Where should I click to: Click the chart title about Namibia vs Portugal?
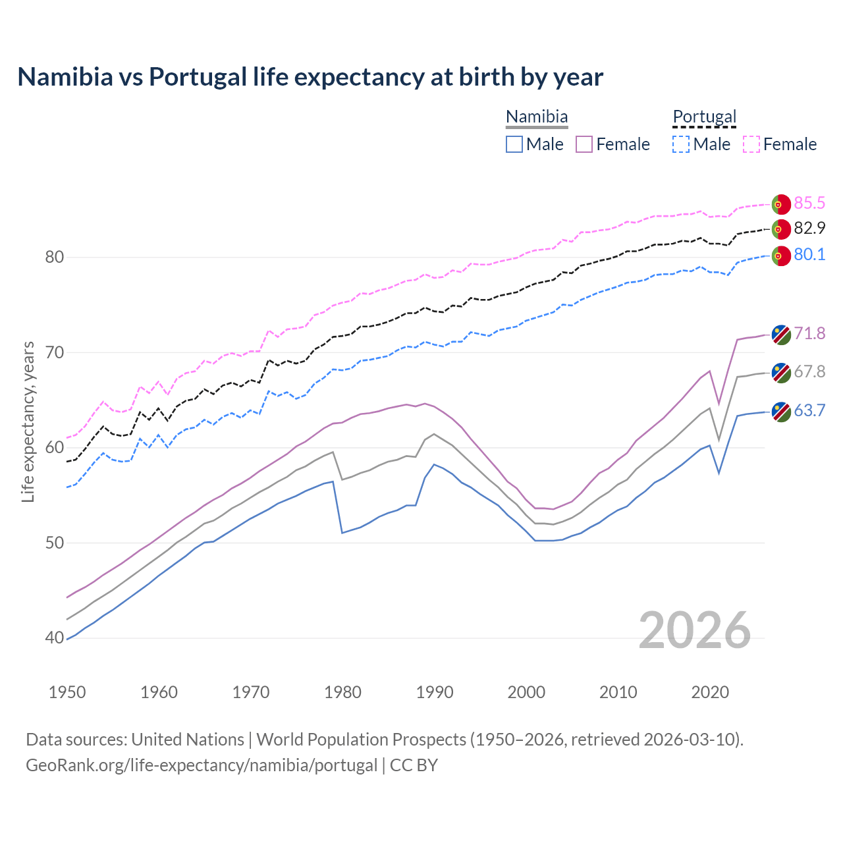click(310, 77)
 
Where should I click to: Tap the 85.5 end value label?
click(809, 203)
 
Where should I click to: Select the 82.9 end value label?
click(809, 228)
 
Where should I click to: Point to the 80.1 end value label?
click(809, 254)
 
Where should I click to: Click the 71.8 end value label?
click(809, 333)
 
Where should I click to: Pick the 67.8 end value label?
click(809, 371)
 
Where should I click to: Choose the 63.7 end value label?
click(809, 410)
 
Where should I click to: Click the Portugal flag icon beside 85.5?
click(781, 204)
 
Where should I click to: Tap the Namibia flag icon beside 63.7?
click(781, 412)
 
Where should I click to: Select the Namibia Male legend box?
click(514, 144)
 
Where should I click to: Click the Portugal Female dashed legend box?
click(751, 144)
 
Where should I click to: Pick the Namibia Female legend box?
click(584, 144)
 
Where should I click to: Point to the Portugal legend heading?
click(704, 117)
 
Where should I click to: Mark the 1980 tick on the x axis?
click(343, 692)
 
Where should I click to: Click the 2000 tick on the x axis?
click(526, 692)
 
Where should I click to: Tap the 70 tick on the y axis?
click(55, 352)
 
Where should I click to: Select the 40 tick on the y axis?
click(55, 638)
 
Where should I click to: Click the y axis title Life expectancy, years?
click(28, 421)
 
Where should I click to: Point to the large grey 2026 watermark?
click(695, 630)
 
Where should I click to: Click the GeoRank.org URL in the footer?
click(202, 765)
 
